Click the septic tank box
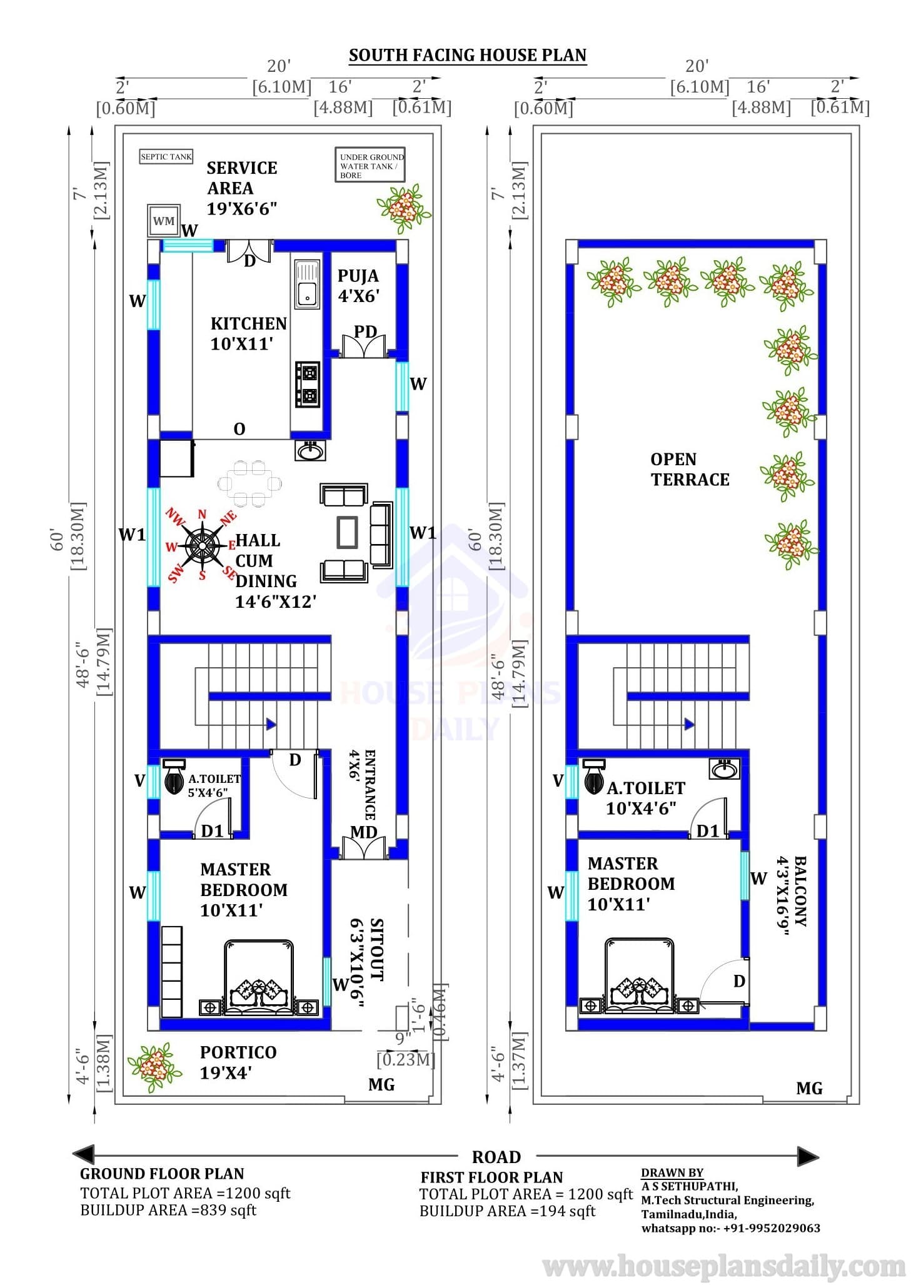(166, 156)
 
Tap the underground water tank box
(371, 165)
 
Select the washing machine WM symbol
(164, 221)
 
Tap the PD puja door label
(365, 331)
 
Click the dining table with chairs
(249, 483)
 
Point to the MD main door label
(363, 832)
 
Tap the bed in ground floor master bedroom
(258, 976)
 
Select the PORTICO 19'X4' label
(238, 1062)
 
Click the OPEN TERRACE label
(690, 470)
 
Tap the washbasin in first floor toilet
(725, 768)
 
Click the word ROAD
(496, 1157)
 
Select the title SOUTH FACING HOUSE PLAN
(468, 55)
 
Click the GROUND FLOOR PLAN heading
(162, 1174)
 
